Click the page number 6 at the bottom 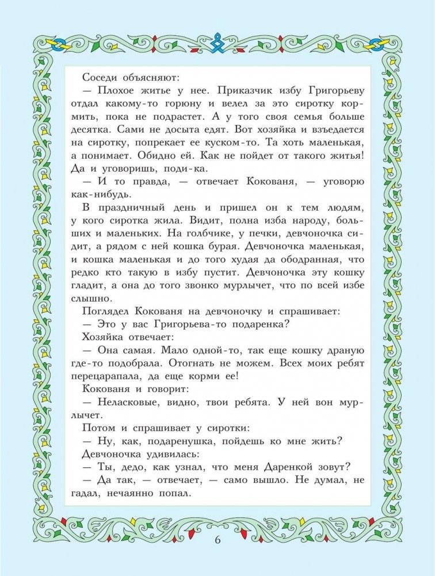pos(217,540)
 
